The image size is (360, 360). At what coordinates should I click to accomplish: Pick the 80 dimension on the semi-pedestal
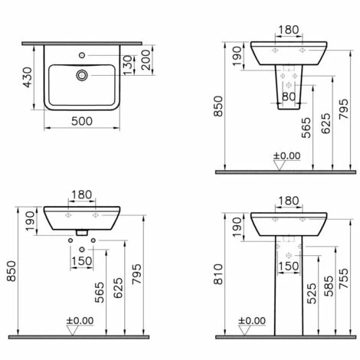tap(289, 97)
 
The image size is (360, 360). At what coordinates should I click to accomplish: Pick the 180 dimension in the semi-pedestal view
tap(289, 31)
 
